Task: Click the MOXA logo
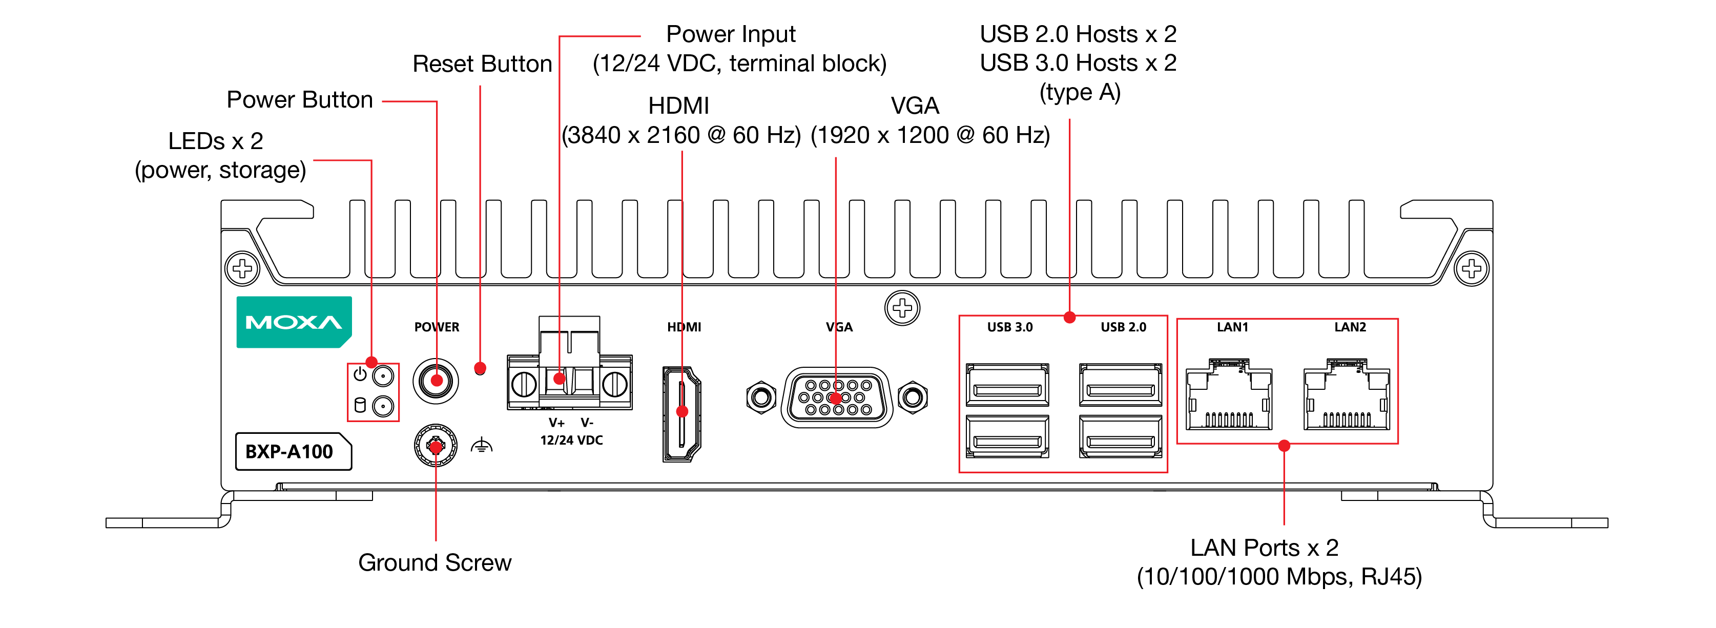click(x=294, y=322)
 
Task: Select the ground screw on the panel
click(x=436, y=446)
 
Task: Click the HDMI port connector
click(x=681, y=413)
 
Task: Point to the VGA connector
click(x=837, y=397)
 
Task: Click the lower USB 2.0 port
click(x=1121, y=437)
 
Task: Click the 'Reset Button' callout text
click(x=482, y=64)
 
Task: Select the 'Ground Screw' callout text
click(x=435, y=563)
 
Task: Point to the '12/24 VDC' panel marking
click(x=571, y=440)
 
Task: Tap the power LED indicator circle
click(x=383, y=376)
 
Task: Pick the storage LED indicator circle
click(x=383, y=406)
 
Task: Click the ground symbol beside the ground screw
click(x=481, y=446)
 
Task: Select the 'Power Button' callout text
click(x=300, y=100)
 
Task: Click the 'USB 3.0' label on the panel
click(x=1009, y=327)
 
